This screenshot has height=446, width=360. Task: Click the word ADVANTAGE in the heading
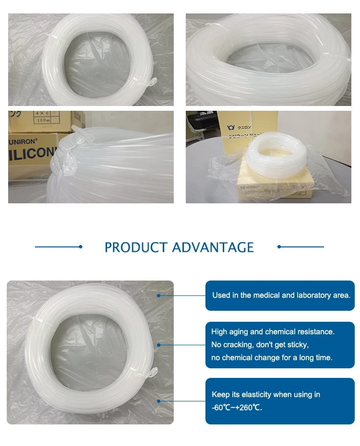click(x=213, y=247)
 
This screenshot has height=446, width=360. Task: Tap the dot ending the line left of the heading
click(x=81, y=247)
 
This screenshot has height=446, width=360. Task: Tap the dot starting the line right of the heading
click(x=279, y=247)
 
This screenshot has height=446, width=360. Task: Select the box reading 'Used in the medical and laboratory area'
click(x=280, y=295)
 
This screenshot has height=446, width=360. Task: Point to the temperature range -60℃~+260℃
click(x=237, y=408)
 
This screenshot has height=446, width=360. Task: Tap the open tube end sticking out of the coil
click(x=77, y=130)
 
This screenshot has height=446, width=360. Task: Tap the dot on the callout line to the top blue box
click(x=159, y=295)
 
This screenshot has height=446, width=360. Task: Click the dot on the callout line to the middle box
click(x=159, y=345)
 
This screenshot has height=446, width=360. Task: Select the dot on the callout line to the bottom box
click(x=159, y=401)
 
